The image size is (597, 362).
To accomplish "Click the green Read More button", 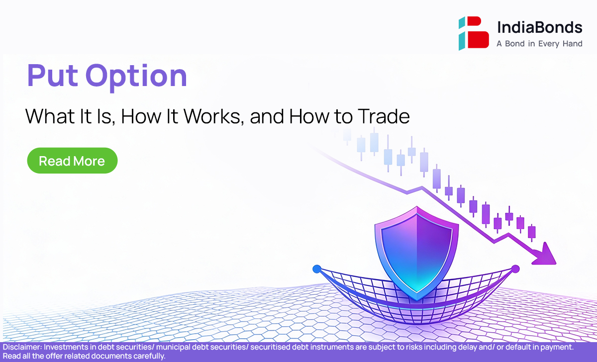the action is pos(72,161).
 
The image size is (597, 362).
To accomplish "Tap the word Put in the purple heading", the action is pos(53,76).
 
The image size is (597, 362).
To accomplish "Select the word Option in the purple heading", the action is pos(136,78).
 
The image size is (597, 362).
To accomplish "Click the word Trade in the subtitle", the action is pos(384,116).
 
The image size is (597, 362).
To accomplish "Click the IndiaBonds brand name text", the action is pos(540,27).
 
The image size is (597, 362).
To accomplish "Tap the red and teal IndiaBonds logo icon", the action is pos(474,33).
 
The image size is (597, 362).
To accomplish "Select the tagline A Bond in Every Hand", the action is pos(539,44).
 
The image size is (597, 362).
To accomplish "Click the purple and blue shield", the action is pos(416,253).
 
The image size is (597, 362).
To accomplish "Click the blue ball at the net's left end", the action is pos(317,269).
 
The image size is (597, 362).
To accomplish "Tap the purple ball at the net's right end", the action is pos(515,269).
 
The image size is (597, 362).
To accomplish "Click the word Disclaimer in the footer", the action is pos(22,347).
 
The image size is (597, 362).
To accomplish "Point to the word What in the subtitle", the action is pos(50,116).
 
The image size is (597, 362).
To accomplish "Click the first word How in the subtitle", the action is pos(141,116).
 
